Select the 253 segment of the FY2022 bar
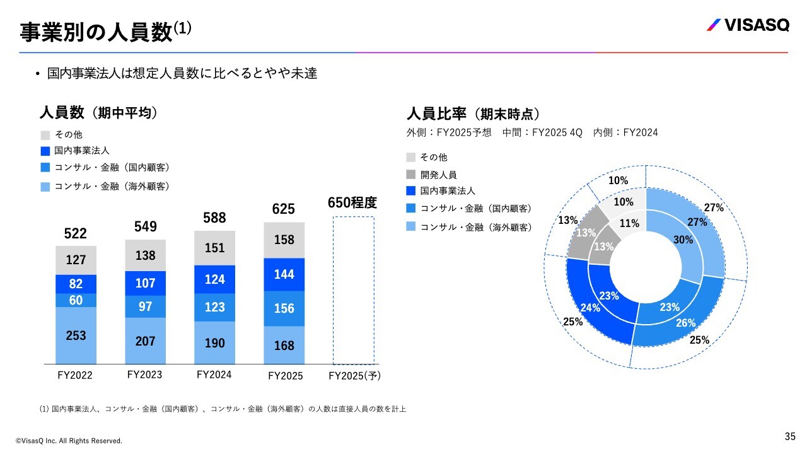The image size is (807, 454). click(76, 335)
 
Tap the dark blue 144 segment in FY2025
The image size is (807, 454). click(284, 274)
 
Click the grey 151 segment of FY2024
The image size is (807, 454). click(214, 248)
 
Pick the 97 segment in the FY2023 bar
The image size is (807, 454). click(145, 306)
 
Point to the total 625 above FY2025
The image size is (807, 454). click(284, 209)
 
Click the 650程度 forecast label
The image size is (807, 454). click(352, 203)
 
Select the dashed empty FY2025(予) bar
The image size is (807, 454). click(352, 290)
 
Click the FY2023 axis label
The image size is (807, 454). click(144, 375)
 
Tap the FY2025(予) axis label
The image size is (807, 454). click(356, 376)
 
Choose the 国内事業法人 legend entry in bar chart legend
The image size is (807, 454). click(81, 151)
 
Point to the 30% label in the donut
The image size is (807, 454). click(683, 240)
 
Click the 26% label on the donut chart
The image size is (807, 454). click(686, 323)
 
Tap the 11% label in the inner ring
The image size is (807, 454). click(629, 223)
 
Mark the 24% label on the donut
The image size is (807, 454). click(589, 308)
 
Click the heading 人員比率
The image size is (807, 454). click(436, 114)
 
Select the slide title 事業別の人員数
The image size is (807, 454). click(96, 32)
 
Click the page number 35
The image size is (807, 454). click(790, 436)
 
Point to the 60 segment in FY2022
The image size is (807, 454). click(76, 300)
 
